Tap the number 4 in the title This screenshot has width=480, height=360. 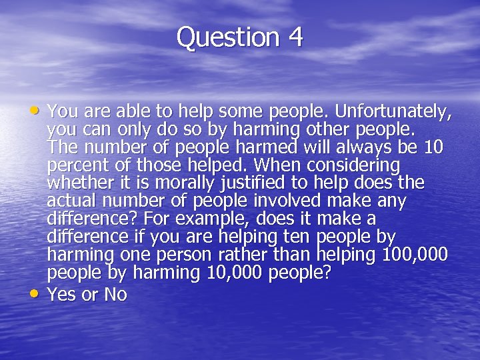(x=296, y=37)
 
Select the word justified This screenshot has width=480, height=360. (x=219, y=183)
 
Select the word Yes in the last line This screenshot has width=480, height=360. (x=62, y=295)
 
